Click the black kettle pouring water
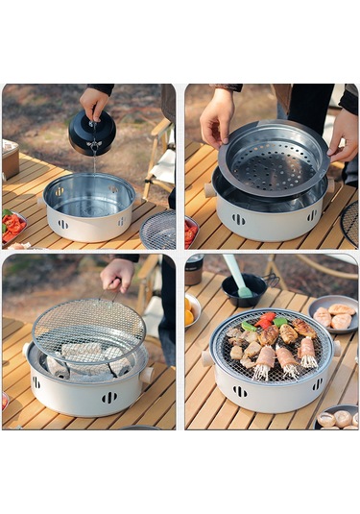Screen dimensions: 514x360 [91, 133]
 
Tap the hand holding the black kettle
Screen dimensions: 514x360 [95, 100]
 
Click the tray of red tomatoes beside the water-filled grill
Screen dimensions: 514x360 [12, 226]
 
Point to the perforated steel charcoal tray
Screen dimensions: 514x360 [273, 159]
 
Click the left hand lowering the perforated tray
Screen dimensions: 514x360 [216, 116]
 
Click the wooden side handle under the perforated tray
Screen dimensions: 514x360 [209, 190]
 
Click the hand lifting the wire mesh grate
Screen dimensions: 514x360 [118, 275]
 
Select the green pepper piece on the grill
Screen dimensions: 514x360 [249, 326]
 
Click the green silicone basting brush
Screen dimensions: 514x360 [236, 275]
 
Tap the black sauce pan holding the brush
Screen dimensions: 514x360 [243, 290]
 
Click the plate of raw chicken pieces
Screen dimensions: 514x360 [334, 314]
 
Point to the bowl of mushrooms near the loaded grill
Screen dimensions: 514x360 [338, 418]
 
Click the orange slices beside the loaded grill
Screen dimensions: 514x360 [189, 312]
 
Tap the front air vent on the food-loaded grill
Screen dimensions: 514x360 [239, 391]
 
